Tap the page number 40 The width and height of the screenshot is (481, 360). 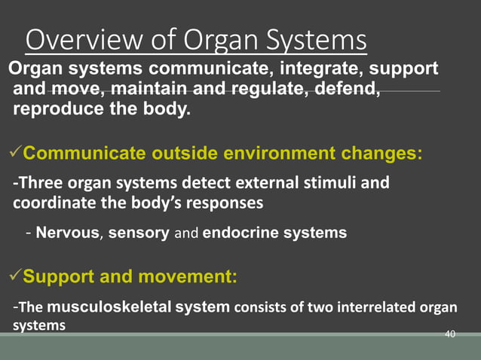(x=451, y=334)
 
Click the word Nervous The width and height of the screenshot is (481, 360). (x=68, y=233)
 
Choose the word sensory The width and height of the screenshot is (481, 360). (x=139, y=233)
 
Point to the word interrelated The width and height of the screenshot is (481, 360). (x=386, y=307)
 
